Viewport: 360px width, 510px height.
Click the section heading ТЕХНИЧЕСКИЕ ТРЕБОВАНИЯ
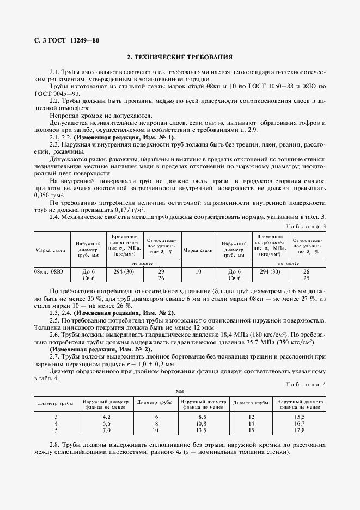[x=180, y=57]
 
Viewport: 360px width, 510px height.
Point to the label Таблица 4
[x=306, y=384]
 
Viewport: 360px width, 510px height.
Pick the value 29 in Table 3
[x=161, y=271]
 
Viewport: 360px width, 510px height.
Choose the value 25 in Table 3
[x=306, y=278]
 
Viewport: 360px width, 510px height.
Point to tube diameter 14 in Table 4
[x=251, y=423]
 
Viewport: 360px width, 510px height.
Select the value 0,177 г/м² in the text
[x=131, y=209]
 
